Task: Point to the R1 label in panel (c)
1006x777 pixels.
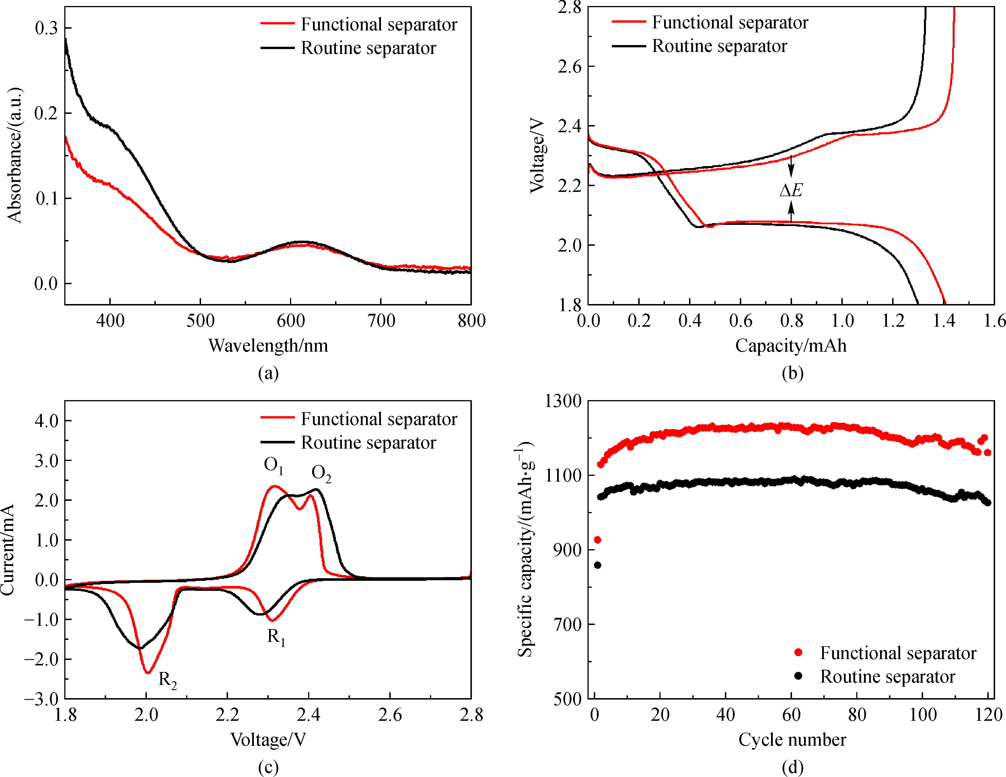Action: (x=276, y=637)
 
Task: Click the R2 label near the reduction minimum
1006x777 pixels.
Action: (x=168, y=680)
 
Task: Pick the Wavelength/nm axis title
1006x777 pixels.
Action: (x=268, y=345)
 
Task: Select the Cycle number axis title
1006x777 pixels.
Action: (x=792, y=740)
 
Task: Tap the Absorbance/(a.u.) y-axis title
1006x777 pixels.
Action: (x=15, y=155)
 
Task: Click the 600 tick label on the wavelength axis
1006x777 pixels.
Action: (x=291, y=321)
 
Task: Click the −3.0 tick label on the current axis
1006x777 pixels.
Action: (x=42, y=699)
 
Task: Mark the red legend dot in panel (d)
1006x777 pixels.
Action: (x=798, y=652)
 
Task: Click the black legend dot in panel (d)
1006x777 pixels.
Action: (x=798, y=676)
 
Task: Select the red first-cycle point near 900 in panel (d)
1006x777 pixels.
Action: (x=598, y=540)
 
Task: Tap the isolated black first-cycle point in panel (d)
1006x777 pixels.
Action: (x=598, y=565)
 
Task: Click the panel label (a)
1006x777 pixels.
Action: (x=268, y=373)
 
